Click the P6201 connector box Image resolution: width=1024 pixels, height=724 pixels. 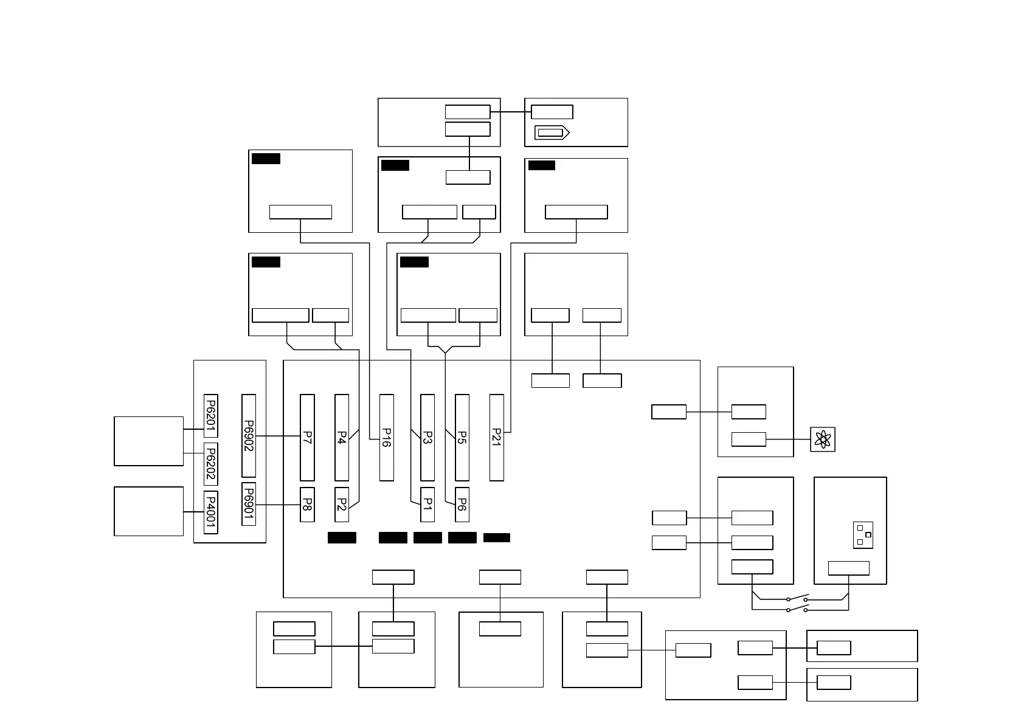[x=210, y=416]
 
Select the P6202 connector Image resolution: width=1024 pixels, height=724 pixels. [x=210, y=464]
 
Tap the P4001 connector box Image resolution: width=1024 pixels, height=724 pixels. [x=210, y=512]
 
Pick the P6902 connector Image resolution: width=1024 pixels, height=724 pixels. [x=249, y=435]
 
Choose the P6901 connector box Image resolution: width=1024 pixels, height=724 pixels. [x=249, y=504]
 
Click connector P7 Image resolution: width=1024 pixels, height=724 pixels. [x=307, y=437]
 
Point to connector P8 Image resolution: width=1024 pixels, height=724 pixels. [x=307, y=505]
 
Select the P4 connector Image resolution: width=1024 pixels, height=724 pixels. [x=342, y=437]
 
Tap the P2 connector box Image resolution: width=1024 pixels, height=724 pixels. [x=342, y=505]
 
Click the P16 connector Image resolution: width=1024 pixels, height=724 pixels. [x=387, y=437]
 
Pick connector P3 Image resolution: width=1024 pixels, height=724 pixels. [x=427, y=437]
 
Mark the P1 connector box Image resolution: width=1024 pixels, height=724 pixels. [x=427, y=505]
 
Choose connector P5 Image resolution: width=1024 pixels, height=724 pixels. [x=462, y=437]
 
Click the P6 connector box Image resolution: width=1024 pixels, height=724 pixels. [x=462, y=505]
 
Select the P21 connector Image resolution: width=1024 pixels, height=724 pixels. [x=497, y=437]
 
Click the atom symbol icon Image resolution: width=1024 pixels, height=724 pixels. [x=823, y=439]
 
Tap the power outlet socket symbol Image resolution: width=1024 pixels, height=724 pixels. [x=863, y=535]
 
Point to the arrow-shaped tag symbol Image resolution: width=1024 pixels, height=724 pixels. [x=552, y=133]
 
